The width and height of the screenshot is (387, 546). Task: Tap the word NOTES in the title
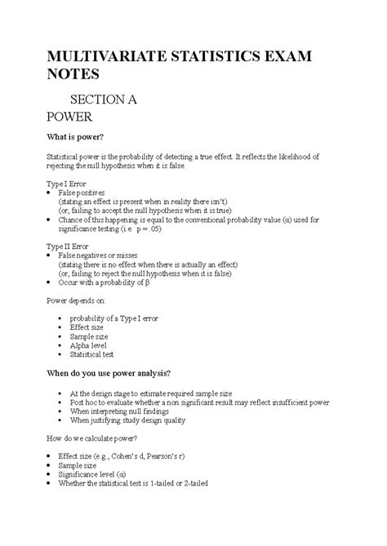[73, 75]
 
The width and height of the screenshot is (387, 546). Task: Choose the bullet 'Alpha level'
[93, 345]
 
